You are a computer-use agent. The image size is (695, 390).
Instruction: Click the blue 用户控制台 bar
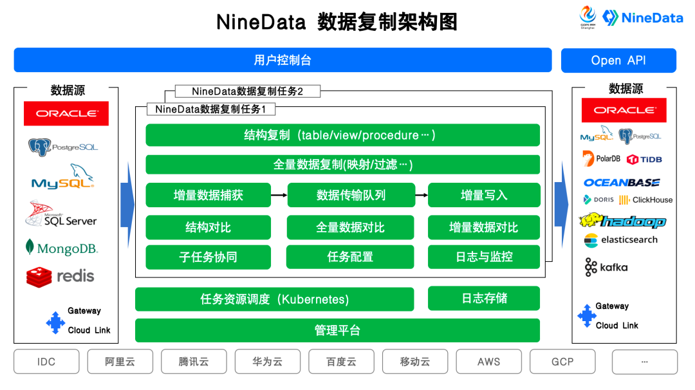[283, 60]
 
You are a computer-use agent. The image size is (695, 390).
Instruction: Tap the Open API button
[618, 60]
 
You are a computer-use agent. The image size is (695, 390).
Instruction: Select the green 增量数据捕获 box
[208, 195]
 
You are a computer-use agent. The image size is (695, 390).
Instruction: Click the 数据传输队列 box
[351, 195]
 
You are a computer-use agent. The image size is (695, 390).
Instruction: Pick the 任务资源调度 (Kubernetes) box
[274, 299]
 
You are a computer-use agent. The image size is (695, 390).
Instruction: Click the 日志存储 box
[484, 298]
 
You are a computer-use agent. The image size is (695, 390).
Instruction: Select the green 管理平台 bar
[337, 331]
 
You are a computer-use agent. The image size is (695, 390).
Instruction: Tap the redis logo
[60, 277]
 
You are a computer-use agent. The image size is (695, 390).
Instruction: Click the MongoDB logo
[62, 248]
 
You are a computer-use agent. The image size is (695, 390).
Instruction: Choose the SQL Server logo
[61, 214]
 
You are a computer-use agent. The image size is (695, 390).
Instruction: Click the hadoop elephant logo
[622, 221]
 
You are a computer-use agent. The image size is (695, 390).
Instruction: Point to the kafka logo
[606, 267]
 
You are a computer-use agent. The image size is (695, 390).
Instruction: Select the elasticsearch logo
[621, 240]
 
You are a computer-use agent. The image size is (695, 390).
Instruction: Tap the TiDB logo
[644, 159]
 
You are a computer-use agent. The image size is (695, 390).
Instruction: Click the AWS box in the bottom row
[488, 362]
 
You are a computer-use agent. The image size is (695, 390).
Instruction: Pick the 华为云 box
[267, 362]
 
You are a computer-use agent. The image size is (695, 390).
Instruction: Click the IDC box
[46, 362]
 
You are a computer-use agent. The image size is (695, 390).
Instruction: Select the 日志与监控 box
[484, 257]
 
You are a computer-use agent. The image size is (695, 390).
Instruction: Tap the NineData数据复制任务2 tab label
[247, 91]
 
